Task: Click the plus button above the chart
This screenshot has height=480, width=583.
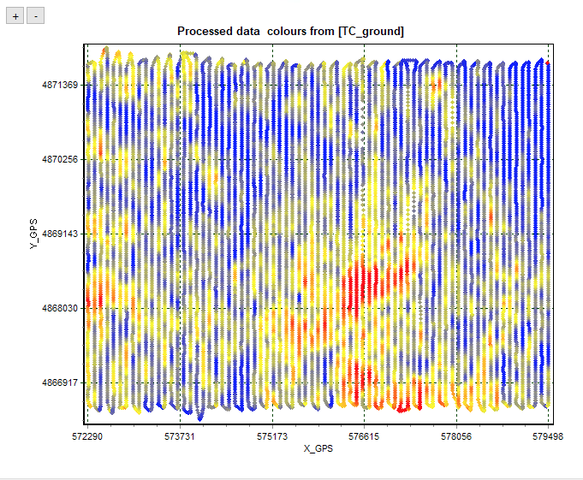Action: pos(15,16)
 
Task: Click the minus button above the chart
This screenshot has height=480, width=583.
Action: pos(35,16)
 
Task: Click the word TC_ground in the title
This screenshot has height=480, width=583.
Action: pos(372,31)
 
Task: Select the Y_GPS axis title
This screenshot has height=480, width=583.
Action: pos(33,234)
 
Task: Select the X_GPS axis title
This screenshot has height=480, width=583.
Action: pos(317,448)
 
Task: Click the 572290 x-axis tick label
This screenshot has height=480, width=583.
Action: pos(86,436)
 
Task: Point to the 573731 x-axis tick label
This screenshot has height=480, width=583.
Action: pos(179,436)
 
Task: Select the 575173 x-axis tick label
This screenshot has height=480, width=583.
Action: pos(271,436)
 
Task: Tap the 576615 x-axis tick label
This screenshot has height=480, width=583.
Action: pos(364,436)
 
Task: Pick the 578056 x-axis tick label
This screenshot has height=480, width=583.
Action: pos(456,436)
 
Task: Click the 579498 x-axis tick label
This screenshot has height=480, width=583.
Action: pos(548,436)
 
